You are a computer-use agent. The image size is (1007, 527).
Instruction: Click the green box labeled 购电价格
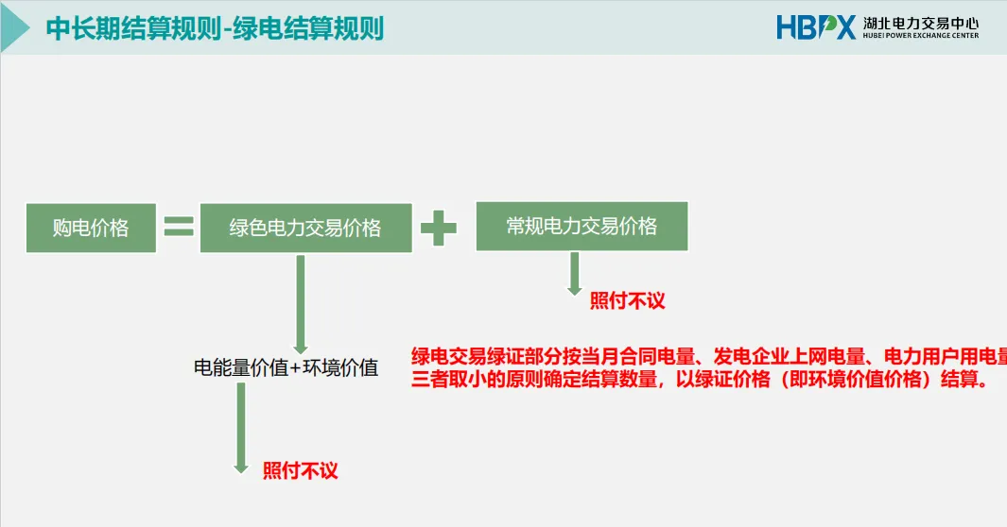(91, 228)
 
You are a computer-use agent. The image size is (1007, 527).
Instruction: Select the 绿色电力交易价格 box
(305, 228)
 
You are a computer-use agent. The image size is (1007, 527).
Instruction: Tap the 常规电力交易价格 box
(582, 226)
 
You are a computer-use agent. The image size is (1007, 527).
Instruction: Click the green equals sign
(178, 227)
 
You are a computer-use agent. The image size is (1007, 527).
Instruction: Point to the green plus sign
(439, 228)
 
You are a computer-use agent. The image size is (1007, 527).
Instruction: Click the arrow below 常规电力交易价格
(574, 275)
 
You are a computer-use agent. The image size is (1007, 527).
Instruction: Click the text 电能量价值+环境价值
(286, 368)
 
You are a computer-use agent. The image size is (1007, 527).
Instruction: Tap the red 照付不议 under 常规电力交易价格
(628, 301)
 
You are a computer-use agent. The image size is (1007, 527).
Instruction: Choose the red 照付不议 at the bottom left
(300, 470)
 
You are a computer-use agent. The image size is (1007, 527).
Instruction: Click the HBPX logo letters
(815, 26)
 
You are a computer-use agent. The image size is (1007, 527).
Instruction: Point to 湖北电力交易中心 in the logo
(919, 22)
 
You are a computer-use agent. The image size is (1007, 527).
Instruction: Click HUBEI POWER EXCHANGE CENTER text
(919, 36)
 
